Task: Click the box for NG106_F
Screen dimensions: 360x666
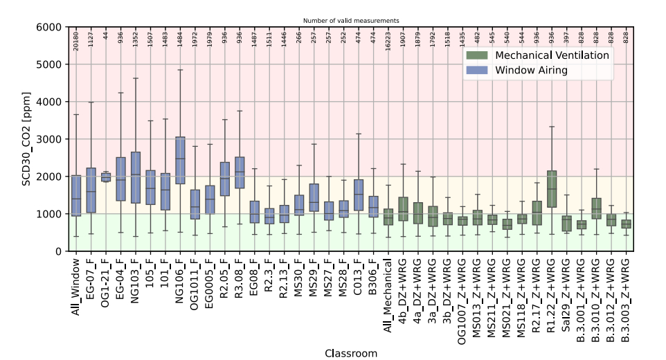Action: [x=180, y=160]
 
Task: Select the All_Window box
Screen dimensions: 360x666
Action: [x=76, y=196]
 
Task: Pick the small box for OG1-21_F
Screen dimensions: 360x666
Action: [x=106, y=177]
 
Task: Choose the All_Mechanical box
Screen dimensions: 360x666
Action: [x=388, y=217]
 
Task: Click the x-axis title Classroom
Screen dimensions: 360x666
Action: [x=351, y=353]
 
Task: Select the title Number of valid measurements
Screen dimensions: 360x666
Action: [x=351, y=21]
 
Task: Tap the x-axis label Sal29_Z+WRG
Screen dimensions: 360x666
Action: [x=567, y=290]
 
